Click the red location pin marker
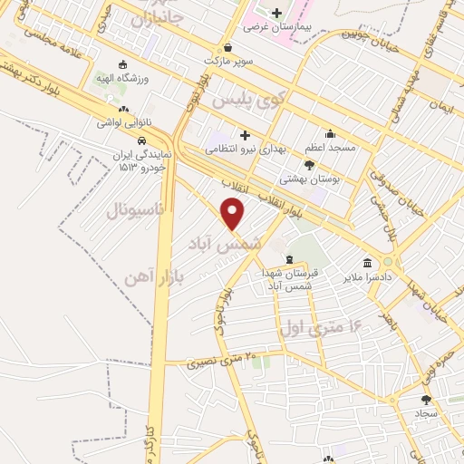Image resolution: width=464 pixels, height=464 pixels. click(x=234, y=214)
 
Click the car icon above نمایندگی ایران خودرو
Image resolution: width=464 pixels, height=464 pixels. click(x=141, y=140)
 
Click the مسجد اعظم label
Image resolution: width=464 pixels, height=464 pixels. click(x=330, y=147)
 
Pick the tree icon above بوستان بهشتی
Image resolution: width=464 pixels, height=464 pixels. click(x=310, y=165)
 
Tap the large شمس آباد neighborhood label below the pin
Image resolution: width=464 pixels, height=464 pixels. click(x=223, y=244)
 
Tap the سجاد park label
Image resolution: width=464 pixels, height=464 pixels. click(x=427, y=412)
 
